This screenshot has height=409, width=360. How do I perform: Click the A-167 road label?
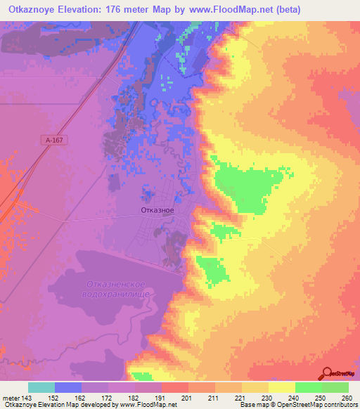54,141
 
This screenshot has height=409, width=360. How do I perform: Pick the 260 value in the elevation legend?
345,398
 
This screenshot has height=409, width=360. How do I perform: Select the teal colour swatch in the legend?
41,387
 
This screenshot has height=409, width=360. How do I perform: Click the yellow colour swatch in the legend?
281,387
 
